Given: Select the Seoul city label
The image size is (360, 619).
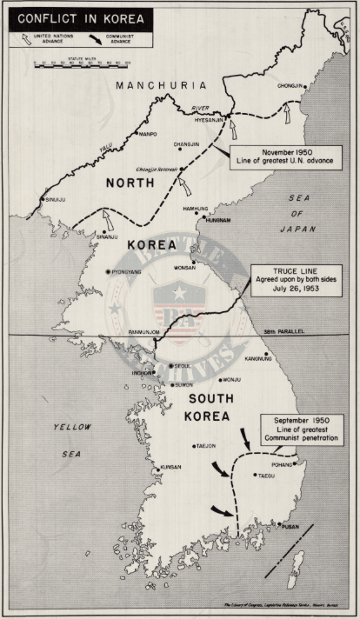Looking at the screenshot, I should point(184,366).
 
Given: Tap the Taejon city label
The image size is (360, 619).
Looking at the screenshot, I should point(205,446).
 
